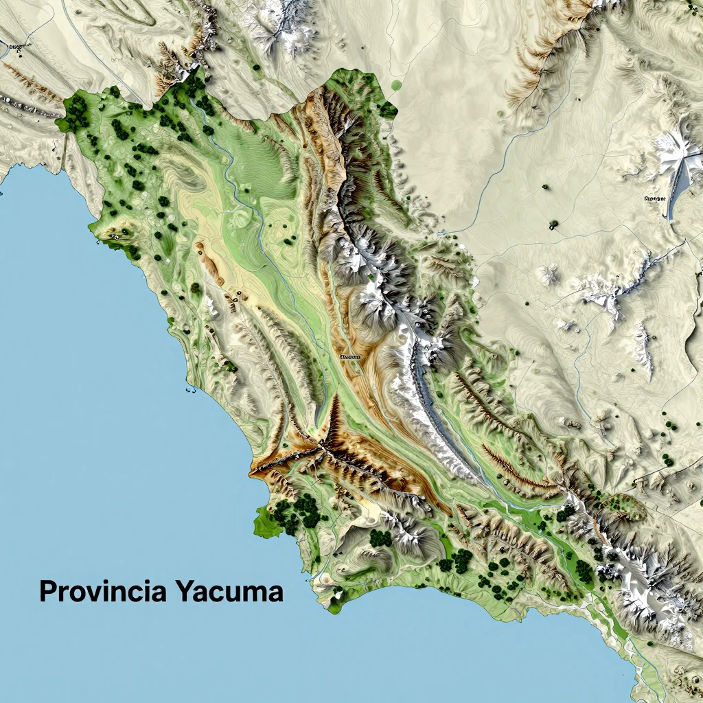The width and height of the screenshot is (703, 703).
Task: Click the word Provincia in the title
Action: point(103,591)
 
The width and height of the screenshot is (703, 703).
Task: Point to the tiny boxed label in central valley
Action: point(350,357)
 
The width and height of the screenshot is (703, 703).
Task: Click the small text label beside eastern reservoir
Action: point(656,198)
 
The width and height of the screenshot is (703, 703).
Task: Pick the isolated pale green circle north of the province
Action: point(395,86)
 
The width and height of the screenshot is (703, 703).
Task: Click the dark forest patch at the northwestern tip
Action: point(76,111)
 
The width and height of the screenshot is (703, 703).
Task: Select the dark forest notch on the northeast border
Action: point(387,108)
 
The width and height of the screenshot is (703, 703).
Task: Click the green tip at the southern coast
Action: point(334,605)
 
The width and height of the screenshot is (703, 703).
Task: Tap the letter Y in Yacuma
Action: point(184,591)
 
